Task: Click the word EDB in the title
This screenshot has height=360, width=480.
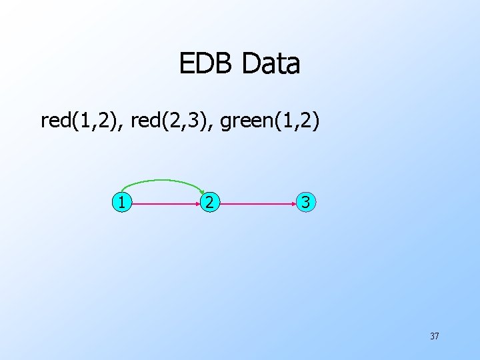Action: pyautogui.click(x=207, y=64)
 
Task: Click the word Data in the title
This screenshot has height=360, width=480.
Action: pyautogui.click(x=271, y=64)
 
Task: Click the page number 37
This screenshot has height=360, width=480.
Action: pyautogui.click(x=434, y=336)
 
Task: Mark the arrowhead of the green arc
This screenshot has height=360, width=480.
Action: pyautogui.click(x=204, y=191)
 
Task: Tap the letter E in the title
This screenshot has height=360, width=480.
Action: pyautogui.click(x=186, y=64)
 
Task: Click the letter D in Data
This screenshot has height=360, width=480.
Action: pyautogui.click(x=252, y=64)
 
